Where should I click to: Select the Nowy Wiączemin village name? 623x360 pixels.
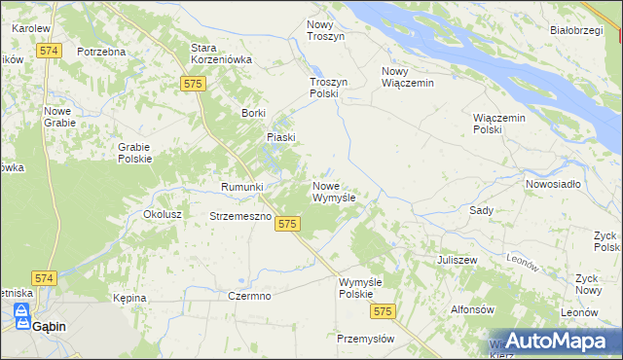pos(407,77)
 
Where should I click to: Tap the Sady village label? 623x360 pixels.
pos(481,210)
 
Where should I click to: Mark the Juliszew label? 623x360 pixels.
pos(457,261)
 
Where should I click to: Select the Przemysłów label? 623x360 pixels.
pos(365,339)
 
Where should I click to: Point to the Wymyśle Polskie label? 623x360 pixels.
pos(356,288)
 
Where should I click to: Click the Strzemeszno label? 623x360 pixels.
pos(239,216)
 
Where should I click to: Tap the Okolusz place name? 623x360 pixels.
pos(164,214)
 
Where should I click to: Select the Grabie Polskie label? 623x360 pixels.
pos(134,153)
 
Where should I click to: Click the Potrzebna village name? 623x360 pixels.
pos(101,51)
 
